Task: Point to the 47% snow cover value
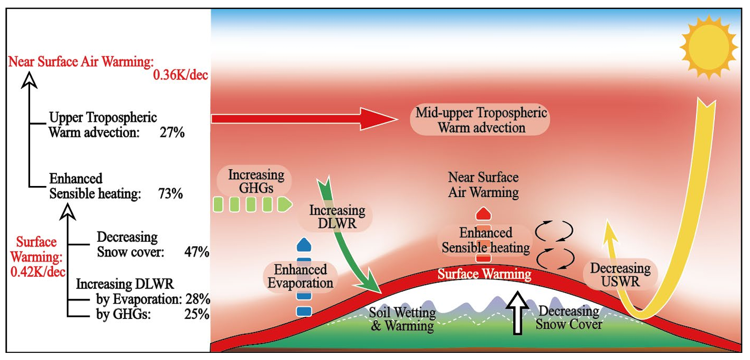pos(196,252)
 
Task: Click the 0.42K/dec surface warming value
pos(35,270)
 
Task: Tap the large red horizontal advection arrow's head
pos(377,118)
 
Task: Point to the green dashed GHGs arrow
pos(251,204)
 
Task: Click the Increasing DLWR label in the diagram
pos(337,217)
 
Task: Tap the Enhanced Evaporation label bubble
pos(300,276)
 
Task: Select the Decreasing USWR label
pos(620,275)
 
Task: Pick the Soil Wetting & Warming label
pos(402,320)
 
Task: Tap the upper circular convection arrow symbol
pos(554,231)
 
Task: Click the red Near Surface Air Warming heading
pos(81,62)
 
